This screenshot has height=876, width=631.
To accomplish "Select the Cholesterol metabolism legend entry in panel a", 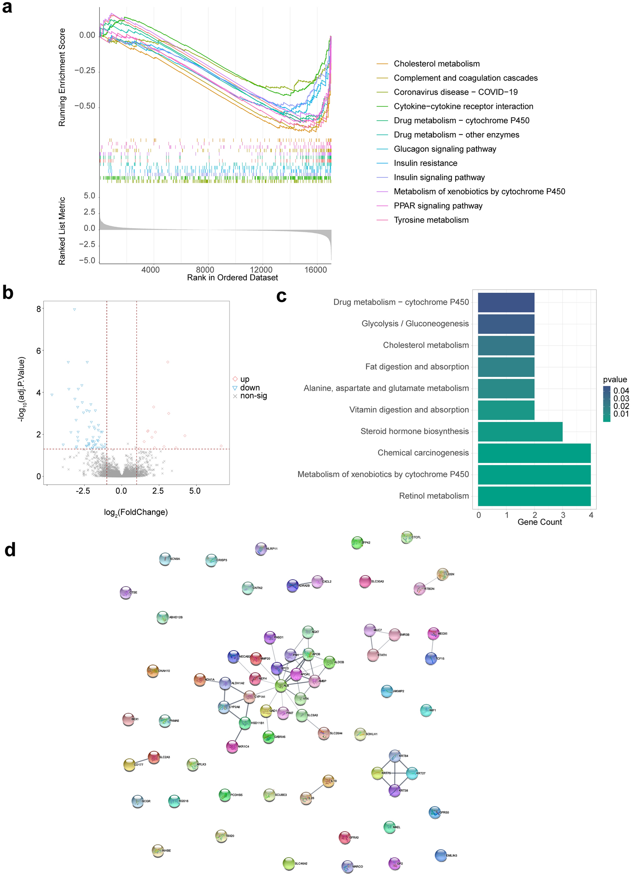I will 436,64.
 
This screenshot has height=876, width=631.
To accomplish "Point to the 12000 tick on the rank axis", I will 261,270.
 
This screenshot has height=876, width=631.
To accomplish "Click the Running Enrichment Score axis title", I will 62,77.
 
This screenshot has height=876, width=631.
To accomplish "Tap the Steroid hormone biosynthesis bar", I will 520,432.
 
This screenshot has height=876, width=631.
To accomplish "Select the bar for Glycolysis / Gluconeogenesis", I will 506,324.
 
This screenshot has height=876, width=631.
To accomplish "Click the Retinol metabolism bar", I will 534,496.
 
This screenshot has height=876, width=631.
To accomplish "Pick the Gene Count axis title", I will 539,522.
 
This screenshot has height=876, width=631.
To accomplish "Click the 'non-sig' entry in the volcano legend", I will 253,396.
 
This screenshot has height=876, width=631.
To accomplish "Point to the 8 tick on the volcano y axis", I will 39,309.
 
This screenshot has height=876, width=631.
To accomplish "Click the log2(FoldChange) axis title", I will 136,512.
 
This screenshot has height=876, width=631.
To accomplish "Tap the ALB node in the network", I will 281,686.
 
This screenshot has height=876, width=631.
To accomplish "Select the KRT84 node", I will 394,755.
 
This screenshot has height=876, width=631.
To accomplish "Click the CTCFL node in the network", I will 406,537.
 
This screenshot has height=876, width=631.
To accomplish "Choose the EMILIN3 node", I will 441,855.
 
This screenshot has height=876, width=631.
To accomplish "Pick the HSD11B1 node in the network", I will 245,723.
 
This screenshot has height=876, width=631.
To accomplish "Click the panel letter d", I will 10,549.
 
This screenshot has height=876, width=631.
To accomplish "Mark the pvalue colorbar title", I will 615,379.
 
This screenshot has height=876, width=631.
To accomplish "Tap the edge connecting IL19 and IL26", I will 317,790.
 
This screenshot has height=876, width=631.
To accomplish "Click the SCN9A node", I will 165,559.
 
